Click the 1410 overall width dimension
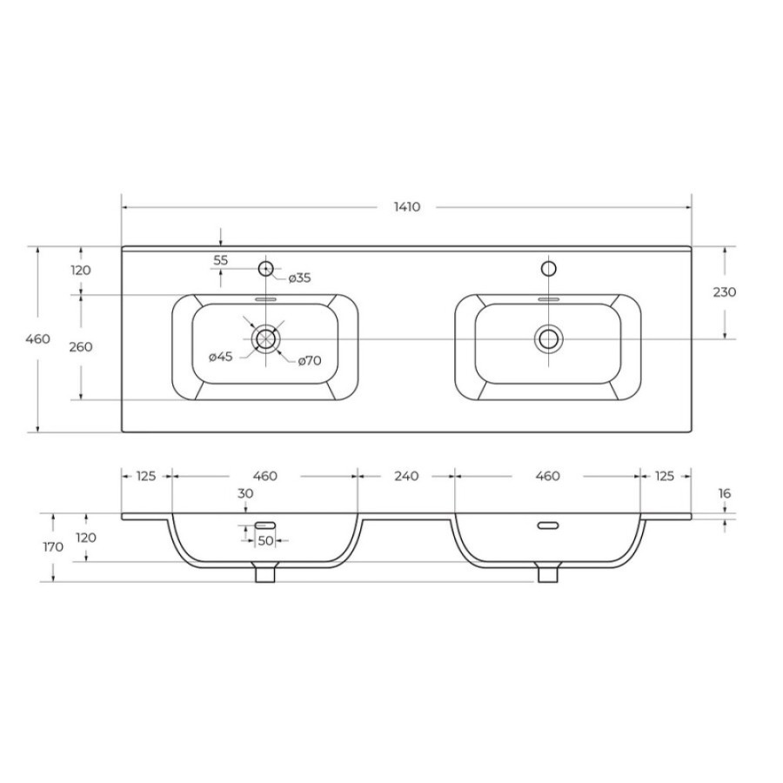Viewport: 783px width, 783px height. tap(407, 207)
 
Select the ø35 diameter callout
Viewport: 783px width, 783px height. tap(299, 278)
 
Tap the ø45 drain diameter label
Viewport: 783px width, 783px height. tap(221, 357)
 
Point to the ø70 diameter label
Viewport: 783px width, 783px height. tap(310, 360)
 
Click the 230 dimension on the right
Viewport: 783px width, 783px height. tap(725, 291)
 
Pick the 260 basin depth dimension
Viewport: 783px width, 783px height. tap(81, 346)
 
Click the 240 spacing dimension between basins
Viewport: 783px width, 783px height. tap(406, 476)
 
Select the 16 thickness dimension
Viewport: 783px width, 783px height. tap(725, 493)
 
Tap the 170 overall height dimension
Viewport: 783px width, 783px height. tap(53, 547)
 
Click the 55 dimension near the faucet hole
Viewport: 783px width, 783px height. tap(221, 260)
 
